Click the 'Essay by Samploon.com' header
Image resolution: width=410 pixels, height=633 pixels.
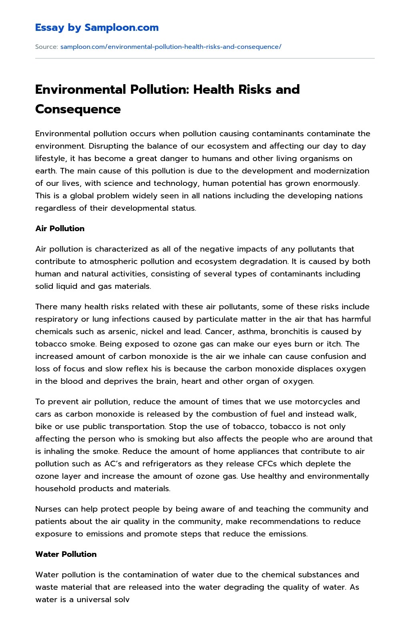(97, 28)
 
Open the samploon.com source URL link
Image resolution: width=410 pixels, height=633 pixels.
(171, 47)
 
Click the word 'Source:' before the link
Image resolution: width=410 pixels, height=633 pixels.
(46, 47)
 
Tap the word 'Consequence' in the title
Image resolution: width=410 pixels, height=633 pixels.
(78, 109)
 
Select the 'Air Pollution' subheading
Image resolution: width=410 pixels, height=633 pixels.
(60, 228)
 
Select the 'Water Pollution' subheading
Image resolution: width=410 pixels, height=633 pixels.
(66, 554)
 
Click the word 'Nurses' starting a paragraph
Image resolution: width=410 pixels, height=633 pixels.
(48, 509)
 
